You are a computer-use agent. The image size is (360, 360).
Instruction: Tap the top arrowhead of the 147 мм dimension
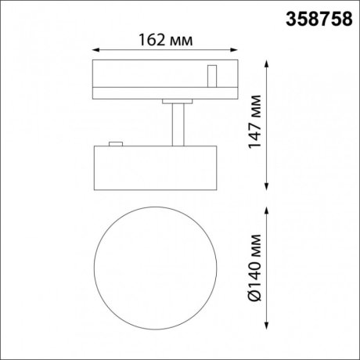click(268, 62)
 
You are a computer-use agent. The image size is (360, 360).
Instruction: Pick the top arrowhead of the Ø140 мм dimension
click(268, 208)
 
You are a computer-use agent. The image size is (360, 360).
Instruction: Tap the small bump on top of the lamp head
click(116, 143)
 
